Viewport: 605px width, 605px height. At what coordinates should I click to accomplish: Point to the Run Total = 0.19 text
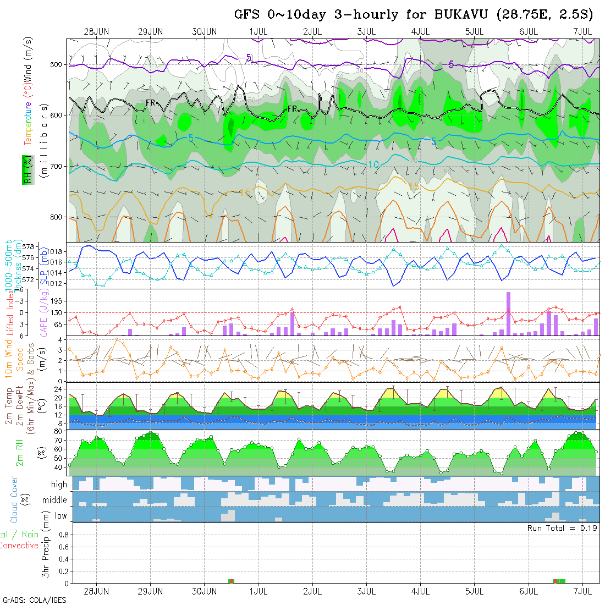tap(563, 528)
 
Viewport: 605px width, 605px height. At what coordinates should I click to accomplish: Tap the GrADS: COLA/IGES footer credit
tap(34, 600)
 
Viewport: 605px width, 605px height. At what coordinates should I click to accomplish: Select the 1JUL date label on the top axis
tap(258, 31)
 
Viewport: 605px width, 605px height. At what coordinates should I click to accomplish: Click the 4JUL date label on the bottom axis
tap(420, 591)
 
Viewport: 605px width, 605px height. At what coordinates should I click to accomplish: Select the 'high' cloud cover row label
tap(59, 485)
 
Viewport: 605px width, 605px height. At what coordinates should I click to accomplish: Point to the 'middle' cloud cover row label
tap(55, 501)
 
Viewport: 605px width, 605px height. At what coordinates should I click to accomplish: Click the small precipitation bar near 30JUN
tap(232, 581)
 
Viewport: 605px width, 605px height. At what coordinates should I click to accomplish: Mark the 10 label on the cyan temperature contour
tap(373, 164)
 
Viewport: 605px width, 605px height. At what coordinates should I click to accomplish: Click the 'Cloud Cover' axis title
tap(14, 499)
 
